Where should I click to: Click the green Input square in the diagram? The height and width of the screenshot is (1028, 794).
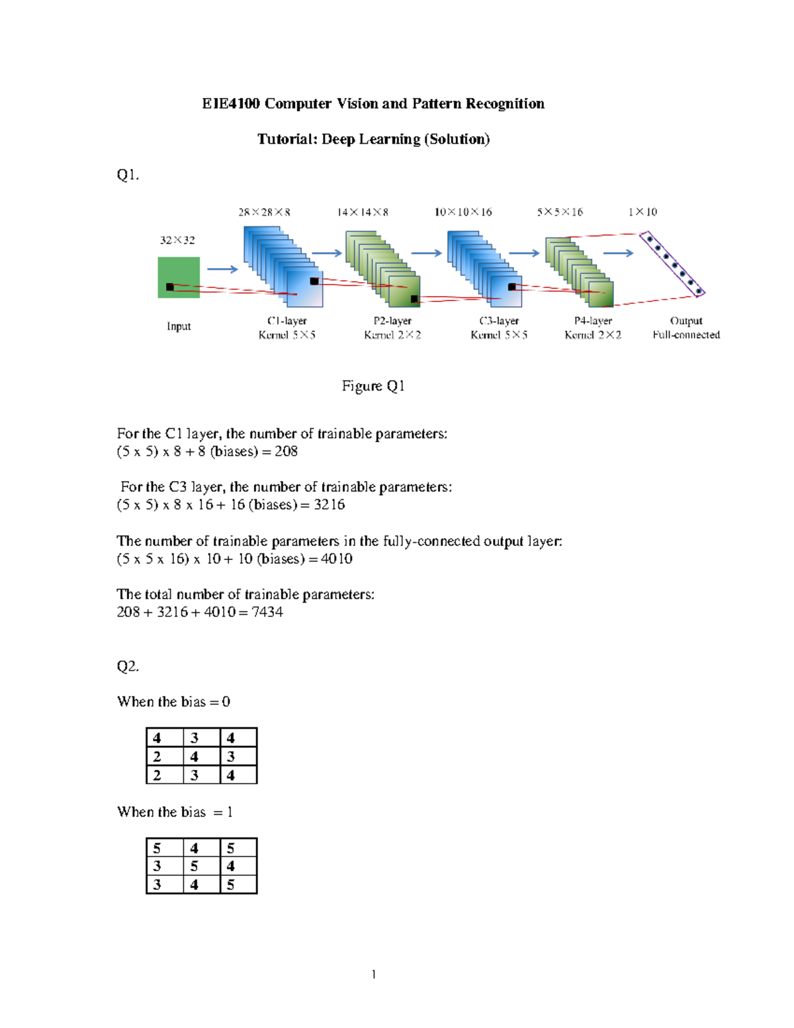click(x=179, y=277)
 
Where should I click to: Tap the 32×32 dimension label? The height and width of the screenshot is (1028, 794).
click(x=177, y=240)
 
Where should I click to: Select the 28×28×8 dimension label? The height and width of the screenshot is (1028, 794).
click(x=264, y=212)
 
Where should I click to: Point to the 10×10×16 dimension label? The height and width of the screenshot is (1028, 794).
click(x=463, y=212)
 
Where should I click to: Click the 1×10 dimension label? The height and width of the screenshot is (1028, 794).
click(x=642, y=212)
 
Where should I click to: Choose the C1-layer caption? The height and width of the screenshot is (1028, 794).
click(x=287, y=321)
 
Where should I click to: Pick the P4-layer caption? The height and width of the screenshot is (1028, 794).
click(x=593, y=321)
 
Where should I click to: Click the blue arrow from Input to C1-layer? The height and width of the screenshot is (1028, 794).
click(x=222, y=269)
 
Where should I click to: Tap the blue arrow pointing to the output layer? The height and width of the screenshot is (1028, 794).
click(x=619, y=253)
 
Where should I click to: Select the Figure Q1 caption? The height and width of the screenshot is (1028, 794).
click(x=373, y=386)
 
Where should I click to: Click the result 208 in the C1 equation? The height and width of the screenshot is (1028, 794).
click(x=286, y=451)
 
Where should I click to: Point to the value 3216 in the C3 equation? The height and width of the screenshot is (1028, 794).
click(x=330, y=505)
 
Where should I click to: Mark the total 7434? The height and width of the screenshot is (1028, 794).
click(x=267, y=612)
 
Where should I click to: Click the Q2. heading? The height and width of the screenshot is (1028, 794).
click(x=128, y=666)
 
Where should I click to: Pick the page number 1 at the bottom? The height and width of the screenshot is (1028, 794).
click(x=374, y=974)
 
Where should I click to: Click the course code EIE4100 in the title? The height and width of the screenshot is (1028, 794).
click(x=231, y=103)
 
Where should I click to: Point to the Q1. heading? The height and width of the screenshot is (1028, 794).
click(x=128, y=175)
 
